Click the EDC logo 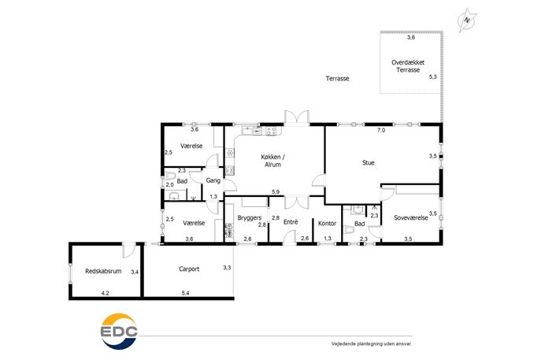119,332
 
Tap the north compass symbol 467,20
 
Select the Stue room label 368,162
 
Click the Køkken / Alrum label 272,161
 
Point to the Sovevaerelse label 411,217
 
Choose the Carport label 189,269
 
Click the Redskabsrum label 103,271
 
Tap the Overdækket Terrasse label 408,66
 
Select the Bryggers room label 250,217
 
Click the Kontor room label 327,223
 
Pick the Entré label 291,222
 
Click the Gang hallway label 213,180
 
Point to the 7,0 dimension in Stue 381,130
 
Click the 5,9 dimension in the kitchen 276,192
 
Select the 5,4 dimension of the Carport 185,293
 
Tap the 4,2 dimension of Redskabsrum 106,293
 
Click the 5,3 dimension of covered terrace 432,76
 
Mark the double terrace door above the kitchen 296,117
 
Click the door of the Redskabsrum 128,250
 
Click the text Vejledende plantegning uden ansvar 372,343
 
